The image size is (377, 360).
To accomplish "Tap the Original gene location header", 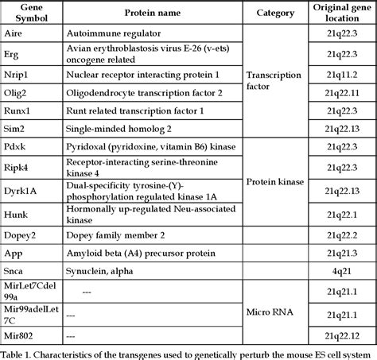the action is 337,14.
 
